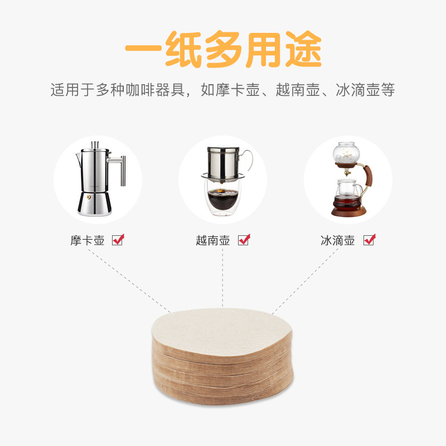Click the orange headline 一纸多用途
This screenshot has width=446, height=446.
point(224,49)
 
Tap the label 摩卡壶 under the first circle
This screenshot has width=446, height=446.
point(88,240)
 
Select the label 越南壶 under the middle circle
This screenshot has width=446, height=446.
point(213,240)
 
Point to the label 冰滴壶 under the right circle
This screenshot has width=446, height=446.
point(338,240)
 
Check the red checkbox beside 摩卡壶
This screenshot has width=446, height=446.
point(118,240)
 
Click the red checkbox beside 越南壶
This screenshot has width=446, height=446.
point(244,240)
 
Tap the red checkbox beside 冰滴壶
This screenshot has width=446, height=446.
point(370,240)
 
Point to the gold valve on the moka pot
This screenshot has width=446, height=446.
point(89,197)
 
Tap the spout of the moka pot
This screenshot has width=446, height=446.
point(79,158)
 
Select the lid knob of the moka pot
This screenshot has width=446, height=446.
point(94,144)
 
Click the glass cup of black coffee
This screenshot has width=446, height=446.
point(222,198)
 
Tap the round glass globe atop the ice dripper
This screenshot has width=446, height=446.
point(344,153)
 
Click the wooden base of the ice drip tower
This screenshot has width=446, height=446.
point(348,212)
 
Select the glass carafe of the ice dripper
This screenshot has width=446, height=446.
point(347,194)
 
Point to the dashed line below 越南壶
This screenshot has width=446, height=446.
point(222,278)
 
